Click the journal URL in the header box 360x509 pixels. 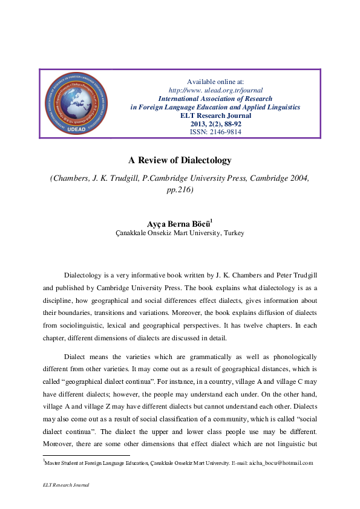coord(215,90)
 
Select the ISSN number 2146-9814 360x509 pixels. coord(215,132)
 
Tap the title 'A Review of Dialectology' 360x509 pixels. coord(180,160)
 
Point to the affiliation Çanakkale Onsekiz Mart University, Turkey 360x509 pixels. coord(180,233)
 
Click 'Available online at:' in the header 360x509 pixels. coord(215,82)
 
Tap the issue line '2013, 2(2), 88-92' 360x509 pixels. coord(215,123)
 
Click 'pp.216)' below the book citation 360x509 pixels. coord(180,189)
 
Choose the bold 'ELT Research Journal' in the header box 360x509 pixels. coord(215,115)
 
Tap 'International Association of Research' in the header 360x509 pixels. coord(215,98)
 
